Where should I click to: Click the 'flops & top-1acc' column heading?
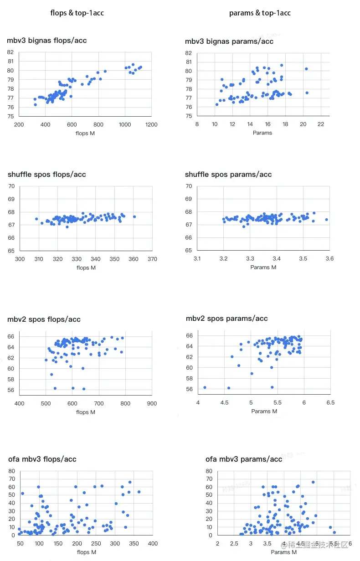[x=77, y=13]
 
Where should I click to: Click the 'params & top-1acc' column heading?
[x=260, y=13]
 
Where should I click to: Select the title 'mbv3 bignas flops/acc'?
[x=46, y=41]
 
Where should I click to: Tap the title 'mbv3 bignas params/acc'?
[x=229, y=41]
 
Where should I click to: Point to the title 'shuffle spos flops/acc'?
[x=46, y=175]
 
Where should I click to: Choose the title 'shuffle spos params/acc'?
[x=228, y=175]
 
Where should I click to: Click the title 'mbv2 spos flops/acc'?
[x=44, y=319]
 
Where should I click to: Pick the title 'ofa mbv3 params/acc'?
[x=244, y=459]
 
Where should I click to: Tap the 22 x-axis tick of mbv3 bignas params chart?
[x=321, y=124]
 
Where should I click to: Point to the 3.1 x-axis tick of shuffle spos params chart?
[x=197, y=258]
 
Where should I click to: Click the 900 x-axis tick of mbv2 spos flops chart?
[x=152, y=403]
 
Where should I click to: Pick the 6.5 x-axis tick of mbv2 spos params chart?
[x=330, y=403]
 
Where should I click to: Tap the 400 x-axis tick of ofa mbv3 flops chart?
[x=153, y=544]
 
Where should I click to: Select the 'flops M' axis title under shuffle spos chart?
[x=86, y=268]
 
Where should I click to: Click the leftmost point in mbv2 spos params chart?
[x=205, y=387]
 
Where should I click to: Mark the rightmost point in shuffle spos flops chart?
[x=134, y=216]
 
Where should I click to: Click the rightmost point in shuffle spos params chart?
[x=327, y=220]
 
